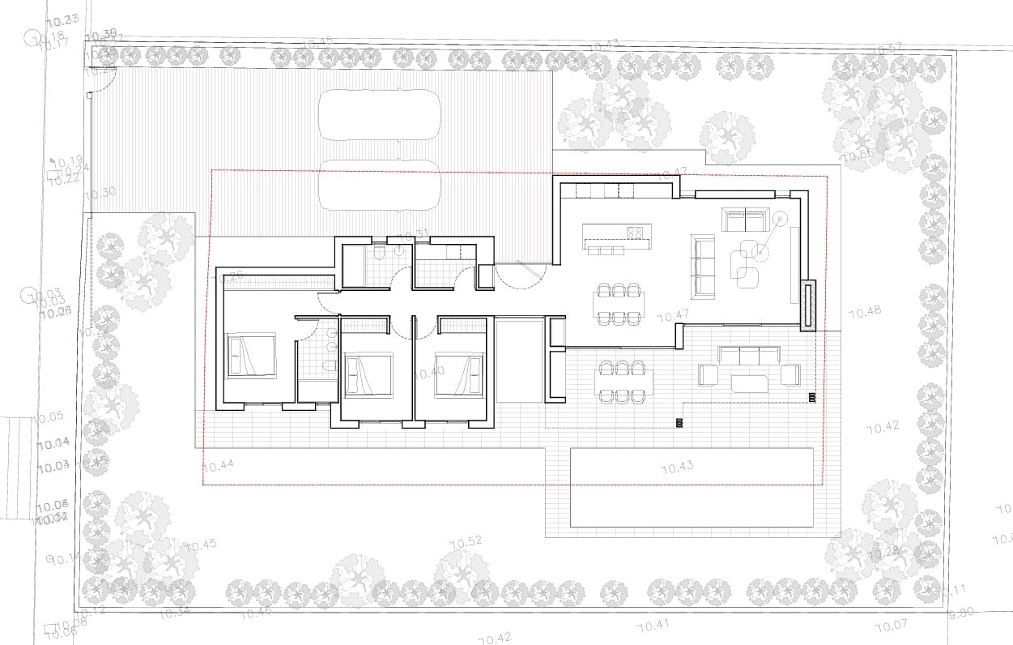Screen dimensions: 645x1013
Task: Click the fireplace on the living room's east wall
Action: (x=807, y=305)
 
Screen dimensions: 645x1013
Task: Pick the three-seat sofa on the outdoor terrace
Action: (x=749, y=355)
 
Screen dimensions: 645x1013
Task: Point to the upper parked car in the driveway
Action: (x=379, y=115)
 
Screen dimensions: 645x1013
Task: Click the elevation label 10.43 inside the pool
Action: (x=678, y=468)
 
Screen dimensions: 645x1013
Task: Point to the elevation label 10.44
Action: (x=218, y=465)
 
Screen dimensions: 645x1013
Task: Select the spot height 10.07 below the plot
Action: (x=891, y=626)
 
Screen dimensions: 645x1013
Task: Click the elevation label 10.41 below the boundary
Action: (x=653, y=626)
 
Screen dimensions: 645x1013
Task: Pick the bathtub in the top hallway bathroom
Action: (x=353, y=266)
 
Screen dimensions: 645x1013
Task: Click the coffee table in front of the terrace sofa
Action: (x=749, y=382)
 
